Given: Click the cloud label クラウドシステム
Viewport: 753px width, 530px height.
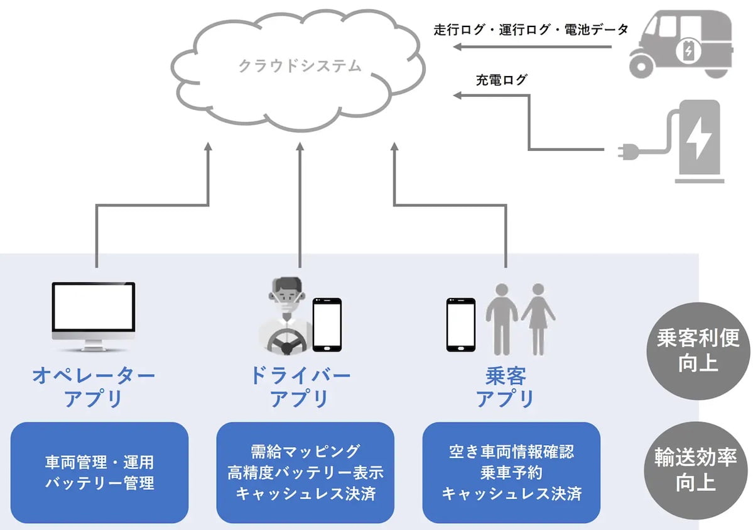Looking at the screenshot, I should point(300,65).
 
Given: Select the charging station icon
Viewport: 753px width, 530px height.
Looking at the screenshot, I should point(696,141).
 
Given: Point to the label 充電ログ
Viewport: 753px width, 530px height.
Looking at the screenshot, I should point(501,80).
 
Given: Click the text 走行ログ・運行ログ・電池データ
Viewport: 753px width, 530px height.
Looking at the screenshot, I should point(531,30).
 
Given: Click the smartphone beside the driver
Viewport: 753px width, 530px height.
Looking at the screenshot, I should point(327,324).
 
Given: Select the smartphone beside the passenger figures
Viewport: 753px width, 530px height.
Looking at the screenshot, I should point(460,324).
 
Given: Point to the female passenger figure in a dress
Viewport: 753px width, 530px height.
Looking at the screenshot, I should point(538,317).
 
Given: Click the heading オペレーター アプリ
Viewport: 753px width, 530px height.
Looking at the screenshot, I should point(94,387).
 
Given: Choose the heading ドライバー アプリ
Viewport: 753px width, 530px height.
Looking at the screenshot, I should point(300,387).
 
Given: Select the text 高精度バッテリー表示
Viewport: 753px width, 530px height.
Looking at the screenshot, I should point(305,472).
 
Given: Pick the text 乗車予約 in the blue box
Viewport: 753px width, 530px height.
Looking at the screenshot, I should point(511,472).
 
